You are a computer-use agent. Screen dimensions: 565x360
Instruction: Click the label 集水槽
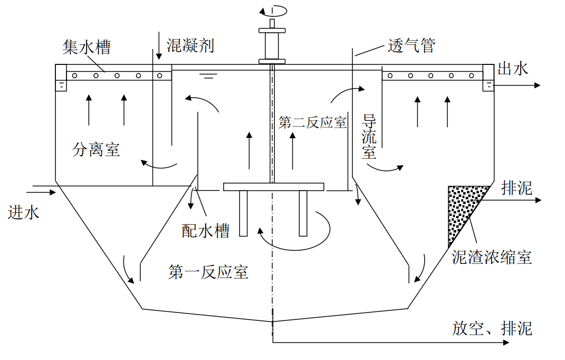[x=87, y=47]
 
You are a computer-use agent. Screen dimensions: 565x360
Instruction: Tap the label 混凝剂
[x=190, y=45]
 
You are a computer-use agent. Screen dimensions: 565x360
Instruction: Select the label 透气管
[x=411, y=45]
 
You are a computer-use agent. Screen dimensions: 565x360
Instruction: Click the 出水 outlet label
[x=513, y=68]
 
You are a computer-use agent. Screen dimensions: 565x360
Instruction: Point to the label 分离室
[x=96, y=149]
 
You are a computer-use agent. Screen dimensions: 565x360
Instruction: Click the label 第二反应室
[x=312, y=122]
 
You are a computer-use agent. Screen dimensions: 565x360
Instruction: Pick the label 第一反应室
[x=208, y=272]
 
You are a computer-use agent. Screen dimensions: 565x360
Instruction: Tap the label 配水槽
[x=205, y=231]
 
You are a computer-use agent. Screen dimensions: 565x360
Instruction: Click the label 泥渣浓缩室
[x=492, y=257]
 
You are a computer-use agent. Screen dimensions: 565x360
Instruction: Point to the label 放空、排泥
[x=492, y=328]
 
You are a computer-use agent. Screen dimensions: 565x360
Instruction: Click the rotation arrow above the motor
[x=273, y=11]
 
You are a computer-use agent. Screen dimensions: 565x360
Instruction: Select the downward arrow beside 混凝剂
[x=159, y=45]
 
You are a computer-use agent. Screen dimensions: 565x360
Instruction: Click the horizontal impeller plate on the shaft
[x=273, y=187]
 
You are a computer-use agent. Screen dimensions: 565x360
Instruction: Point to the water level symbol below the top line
[x=208, y=76]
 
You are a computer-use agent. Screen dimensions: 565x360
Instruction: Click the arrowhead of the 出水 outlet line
[x=538, y=86]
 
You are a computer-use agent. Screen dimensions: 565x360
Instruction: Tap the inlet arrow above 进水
[x=44, y=192]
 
